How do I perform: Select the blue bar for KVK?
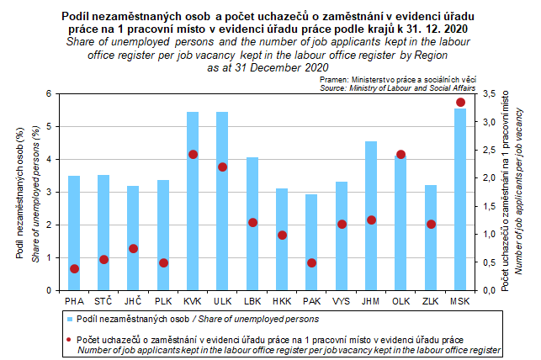click(x=193, y=201)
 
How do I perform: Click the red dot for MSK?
click(x=460, y=103)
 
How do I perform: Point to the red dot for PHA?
click(x=74, y=269)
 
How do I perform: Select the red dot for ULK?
click(x=222, y=167)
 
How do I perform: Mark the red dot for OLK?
click(x=400, y=155)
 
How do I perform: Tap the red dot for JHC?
click(x=133, y=249)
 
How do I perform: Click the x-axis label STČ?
click(x=103, y=300)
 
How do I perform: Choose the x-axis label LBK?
click(x=252, y=300)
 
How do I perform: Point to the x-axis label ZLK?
click(x=430, y=300)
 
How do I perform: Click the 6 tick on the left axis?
click(x=50, y=93)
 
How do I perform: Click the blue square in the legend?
click(x=70, y=320)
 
